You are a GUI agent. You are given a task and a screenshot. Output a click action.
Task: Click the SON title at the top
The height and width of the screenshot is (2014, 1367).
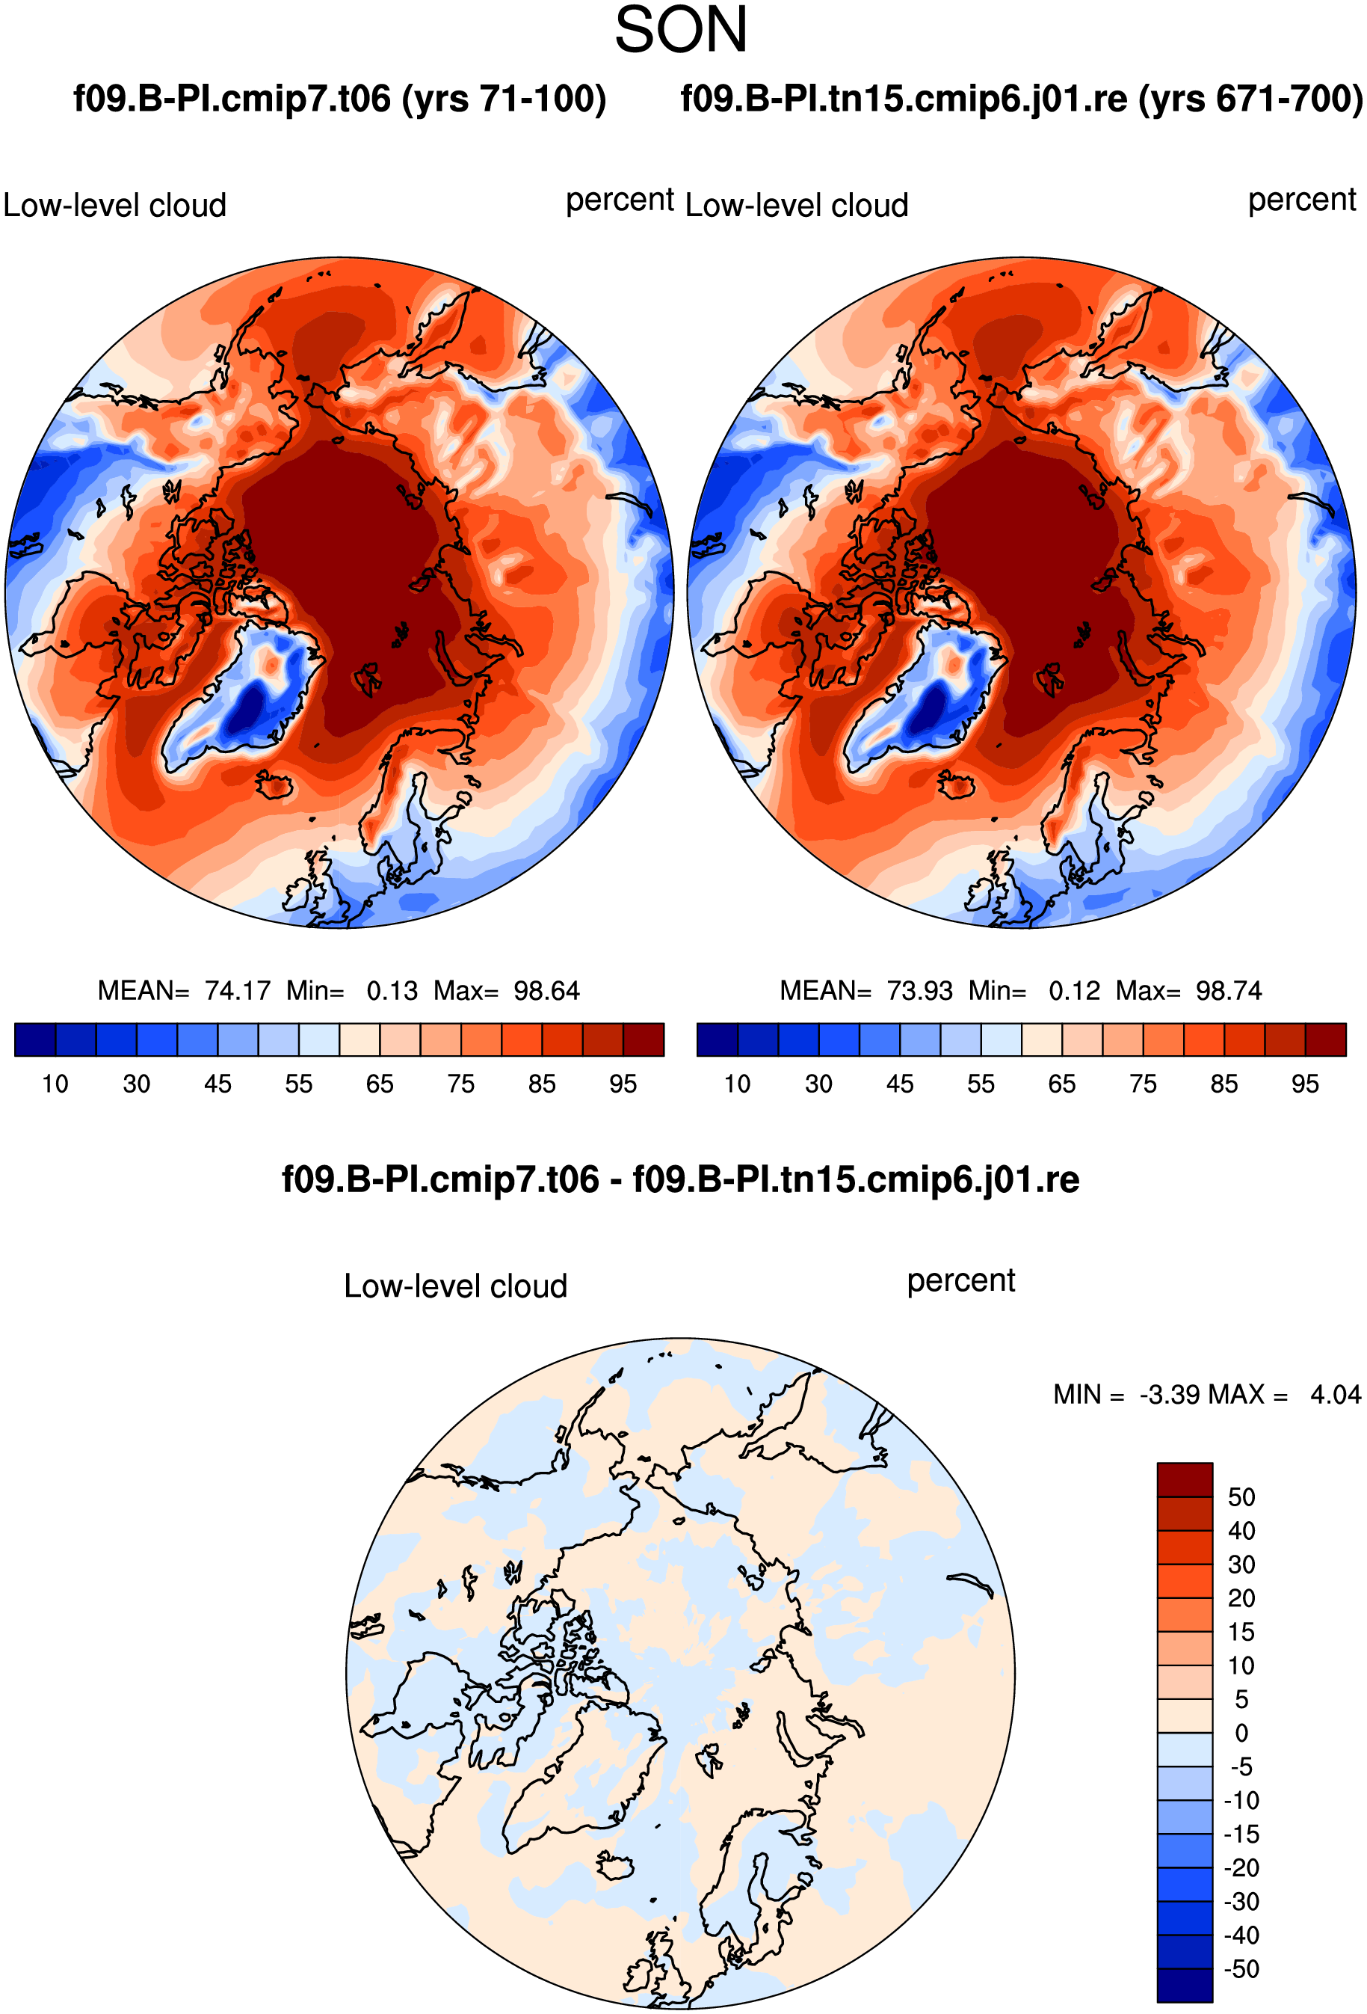(x=681, y=31)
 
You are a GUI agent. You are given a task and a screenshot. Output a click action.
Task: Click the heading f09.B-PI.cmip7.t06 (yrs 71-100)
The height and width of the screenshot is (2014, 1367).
(x=339, y=99)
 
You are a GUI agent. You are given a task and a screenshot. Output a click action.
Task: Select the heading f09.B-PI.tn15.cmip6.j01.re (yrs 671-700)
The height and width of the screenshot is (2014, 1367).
(x=1022, y=99)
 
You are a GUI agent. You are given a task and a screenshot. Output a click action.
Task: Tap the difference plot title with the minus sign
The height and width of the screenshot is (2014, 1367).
(x=681, y=1179)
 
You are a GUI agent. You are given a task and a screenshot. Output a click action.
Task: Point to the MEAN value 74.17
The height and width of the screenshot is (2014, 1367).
(x=238, y=990)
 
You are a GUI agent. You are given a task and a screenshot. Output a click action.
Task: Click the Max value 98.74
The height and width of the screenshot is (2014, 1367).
(x=1229, y=990)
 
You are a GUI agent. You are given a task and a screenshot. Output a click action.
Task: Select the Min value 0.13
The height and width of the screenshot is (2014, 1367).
(x=392, y=990)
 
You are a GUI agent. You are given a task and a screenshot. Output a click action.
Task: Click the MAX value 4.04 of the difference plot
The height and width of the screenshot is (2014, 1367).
(x=1335, y=1394)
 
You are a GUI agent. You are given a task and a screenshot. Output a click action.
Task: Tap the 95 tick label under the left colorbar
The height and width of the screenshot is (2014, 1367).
(x=623, y=1084)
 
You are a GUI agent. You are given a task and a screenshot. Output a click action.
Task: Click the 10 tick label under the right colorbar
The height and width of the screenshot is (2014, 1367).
(x=737, y=1084)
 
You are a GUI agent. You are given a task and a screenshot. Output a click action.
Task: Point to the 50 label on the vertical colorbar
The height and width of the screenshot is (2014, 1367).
(x=1241, y=1496)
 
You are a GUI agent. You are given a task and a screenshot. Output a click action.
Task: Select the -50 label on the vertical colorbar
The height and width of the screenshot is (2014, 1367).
(x=1241, y=1968)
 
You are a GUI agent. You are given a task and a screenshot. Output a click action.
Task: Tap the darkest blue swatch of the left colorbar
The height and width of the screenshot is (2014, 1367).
(x=36, y=1039)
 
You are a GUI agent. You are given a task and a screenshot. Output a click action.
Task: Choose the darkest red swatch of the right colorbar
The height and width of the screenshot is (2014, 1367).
(x=1325, y=1039)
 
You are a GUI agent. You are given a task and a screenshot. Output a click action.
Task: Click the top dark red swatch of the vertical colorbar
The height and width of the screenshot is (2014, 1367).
(x=1184, y=1479)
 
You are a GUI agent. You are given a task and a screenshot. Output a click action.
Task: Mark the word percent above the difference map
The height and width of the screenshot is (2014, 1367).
(x=960, y=1281)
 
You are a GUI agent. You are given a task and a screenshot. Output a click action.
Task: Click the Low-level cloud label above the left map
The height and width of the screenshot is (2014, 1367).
(x=114, y=206)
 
